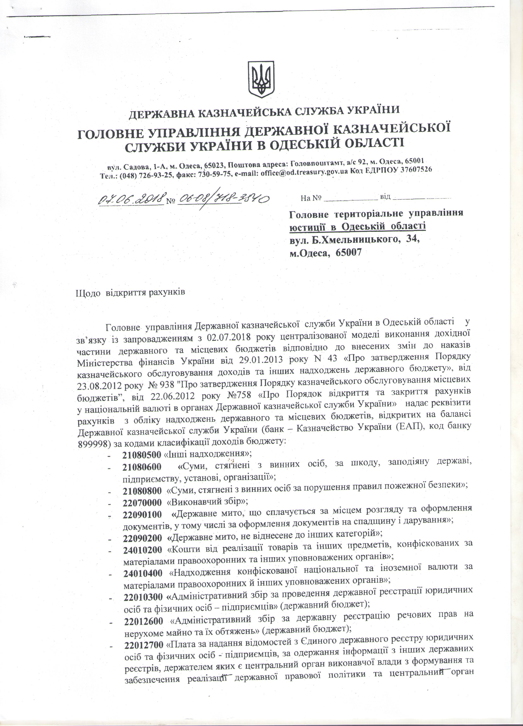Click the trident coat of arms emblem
261,79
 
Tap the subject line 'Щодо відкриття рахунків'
130,293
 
